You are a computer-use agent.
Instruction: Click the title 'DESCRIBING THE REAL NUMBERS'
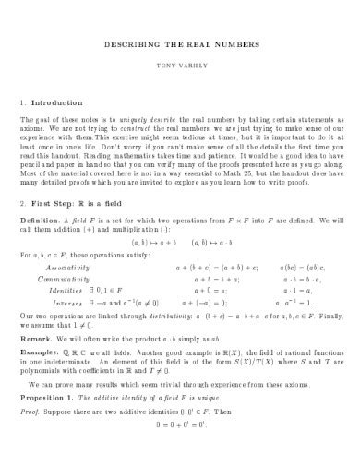tap(179, 43)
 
